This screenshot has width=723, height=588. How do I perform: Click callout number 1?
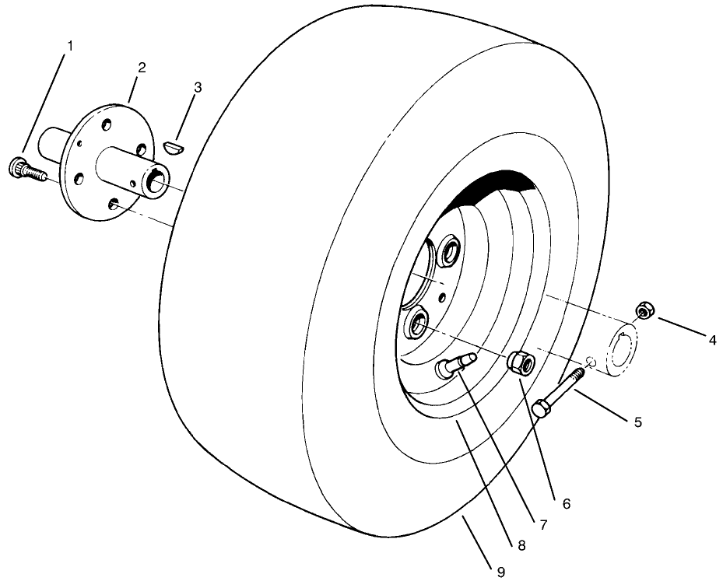pyautogui.click(x=70, y=46)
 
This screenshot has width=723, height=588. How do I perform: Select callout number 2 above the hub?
pyautogui.click(x=142, y=68)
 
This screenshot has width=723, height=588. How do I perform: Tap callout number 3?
pyautogui.click(x=198, y=87)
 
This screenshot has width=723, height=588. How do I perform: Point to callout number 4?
pyautogui.click(x=712, y=339)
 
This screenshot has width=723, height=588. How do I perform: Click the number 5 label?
pyautogui.click(x=637, y=422)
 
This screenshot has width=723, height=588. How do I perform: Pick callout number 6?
pyautogui.click(x=567, y=503)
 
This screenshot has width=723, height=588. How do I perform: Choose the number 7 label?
pyautogui.click(x=542, y=525)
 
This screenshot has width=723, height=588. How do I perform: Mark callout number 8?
pyautogui.click(x=520, y=545)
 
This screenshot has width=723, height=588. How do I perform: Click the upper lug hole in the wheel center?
pyautogui.click(x=450, y=253)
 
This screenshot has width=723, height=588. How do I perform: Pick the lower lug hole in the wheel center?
pyautogui.click(x=416, y=323)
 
